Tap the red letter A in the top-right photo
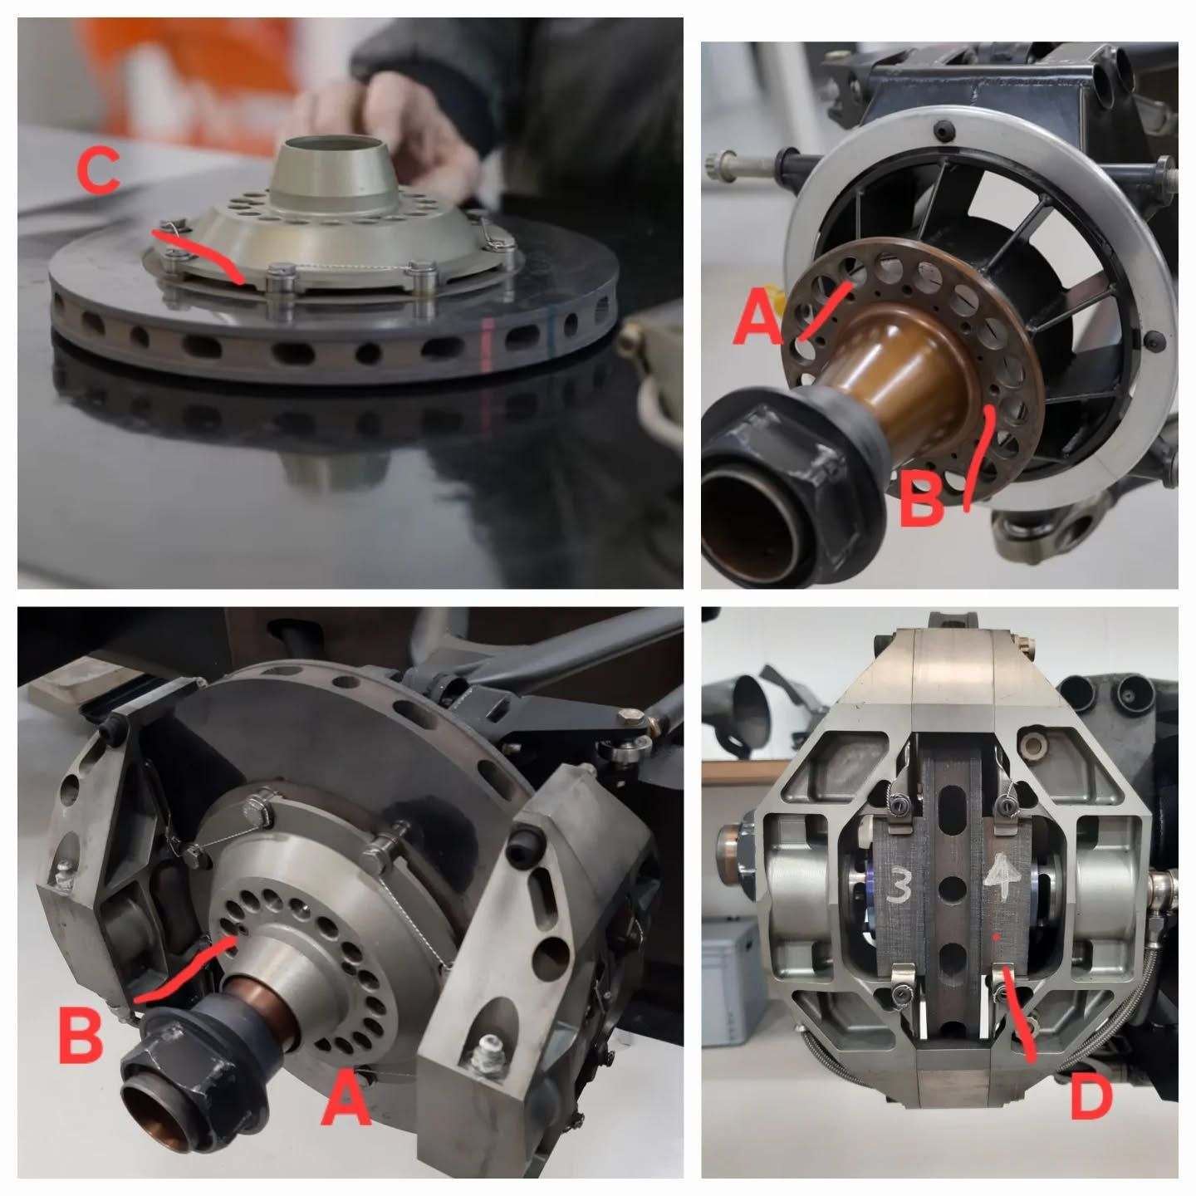click(x=758, y=318)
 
